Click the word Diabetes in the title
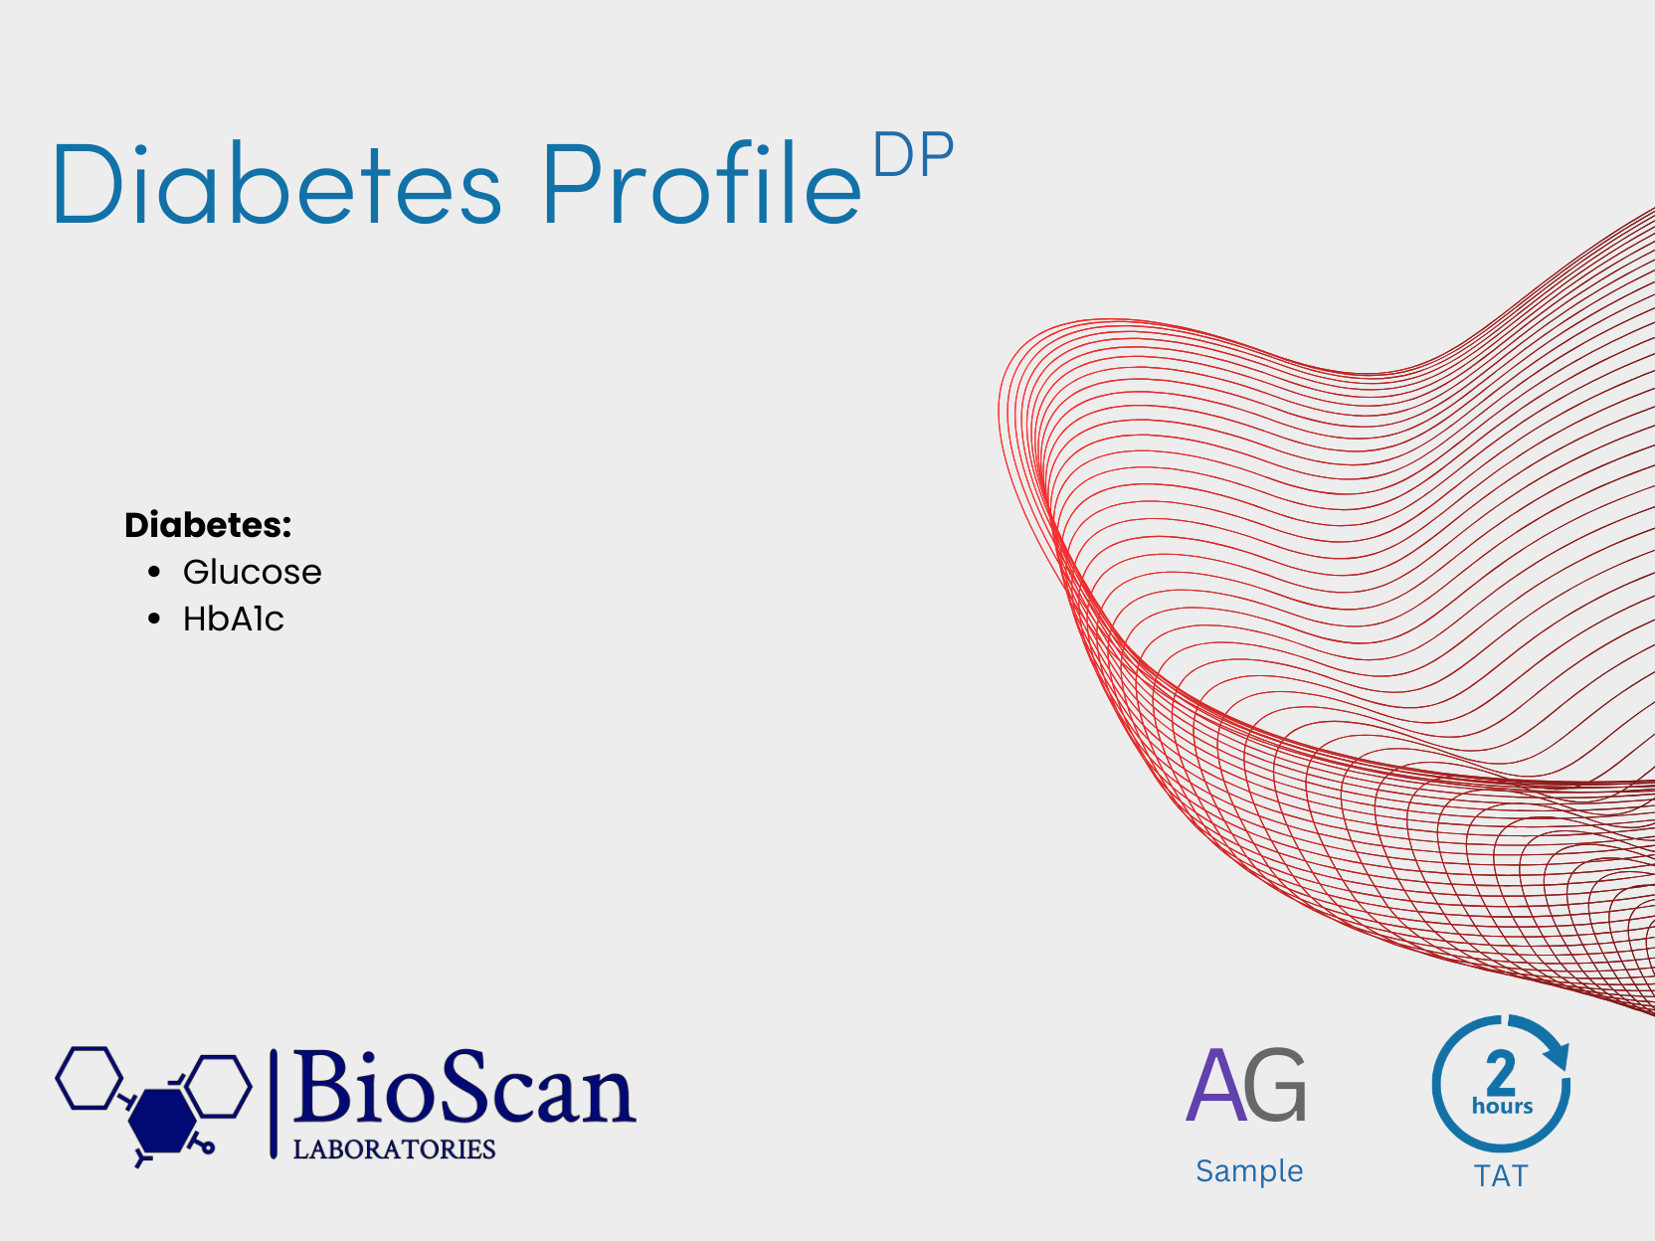coord(276,182)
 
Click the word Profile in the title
coord(702,182)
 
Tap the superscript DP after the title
coord(913,154)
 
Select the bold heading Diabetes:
coord(208,525)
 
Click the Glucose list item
coord(252,572)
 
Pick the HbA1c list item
coord(233,619)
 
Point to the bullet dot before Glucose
coord(154,572)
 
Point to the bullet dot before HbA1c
coord(154,619)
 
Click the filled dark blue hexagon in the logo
coord(162,1121)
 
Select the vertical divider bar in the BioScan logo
coord(274,1103)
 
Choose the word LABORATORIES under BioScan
coord(394,1150)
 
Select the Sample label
coord(1249,1171)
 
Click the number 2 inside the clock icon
coord(1501,1072)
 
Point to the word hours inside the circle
coord(1502,1106)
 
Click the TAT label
coord(1501,1176)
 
